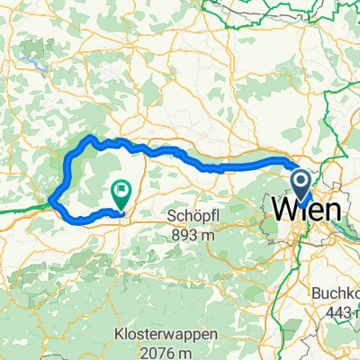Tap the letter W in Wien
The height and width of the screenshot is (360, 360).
(x=283, y=210)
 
